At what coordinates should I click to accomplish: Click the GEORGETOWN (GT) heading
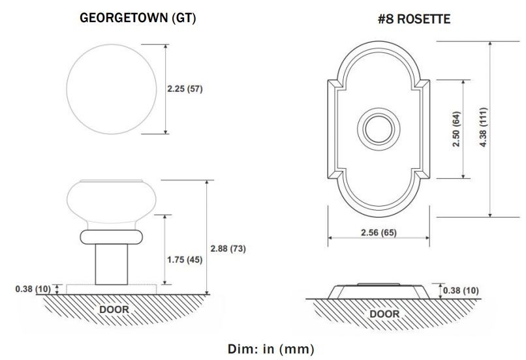pos(138,18)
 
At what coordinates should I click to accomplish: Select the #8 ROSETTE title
pos(414,19)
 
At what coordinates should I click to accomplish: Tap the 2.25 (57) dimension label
pos(185,89)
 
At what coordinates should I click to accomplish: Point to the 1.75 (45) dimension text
pos(185,260)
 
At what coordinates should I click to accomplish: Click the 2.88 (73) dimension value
pos(228,248)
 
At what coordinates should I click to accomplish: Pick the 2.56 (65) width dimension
pos(379,232)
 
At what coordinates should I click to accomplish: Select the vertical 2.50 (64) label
pos(456,129)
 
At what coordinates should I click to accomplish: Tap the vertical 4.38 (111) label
pos(483,127)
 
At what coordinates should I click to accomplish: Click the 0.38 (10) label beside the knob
pos(33,289)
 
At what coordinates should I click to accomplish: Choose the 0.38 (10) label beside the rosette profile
pos(461,290)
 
